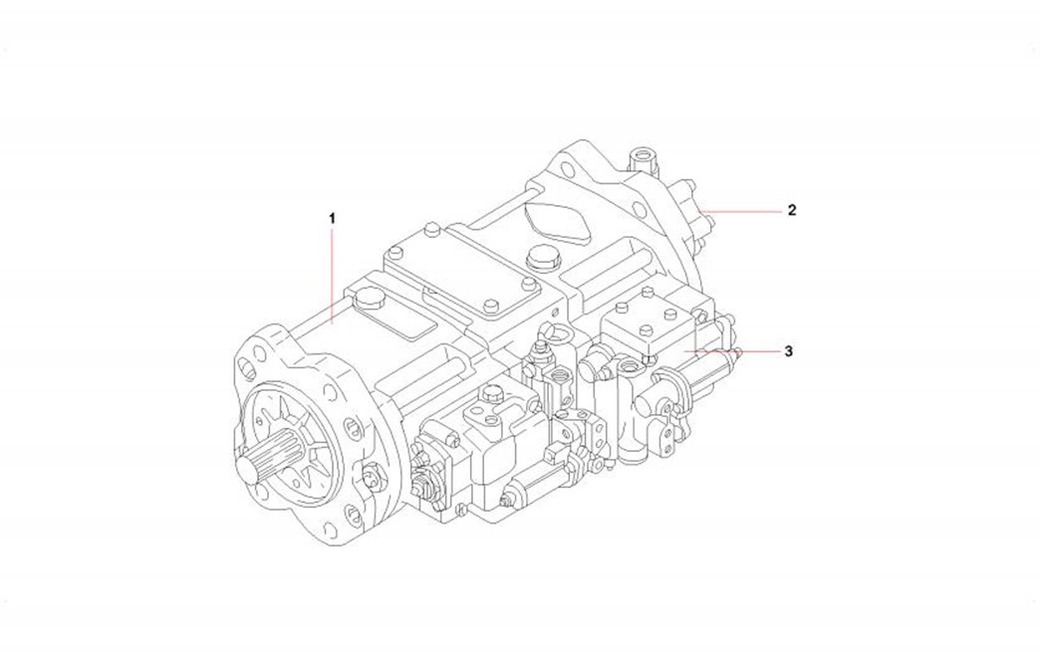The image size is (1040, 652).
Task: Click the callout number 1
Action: (x=332, y=216)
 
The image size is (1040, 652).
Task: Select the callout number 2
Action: (x=791, y=210)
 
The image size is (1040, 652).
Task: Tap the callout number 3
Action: (x=788, y=351)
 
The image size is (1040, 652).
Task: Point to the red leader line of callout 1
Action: (x=332, y=269)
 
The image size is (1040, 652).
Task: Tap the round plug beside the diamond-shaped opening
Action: (x=544, y=260)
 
